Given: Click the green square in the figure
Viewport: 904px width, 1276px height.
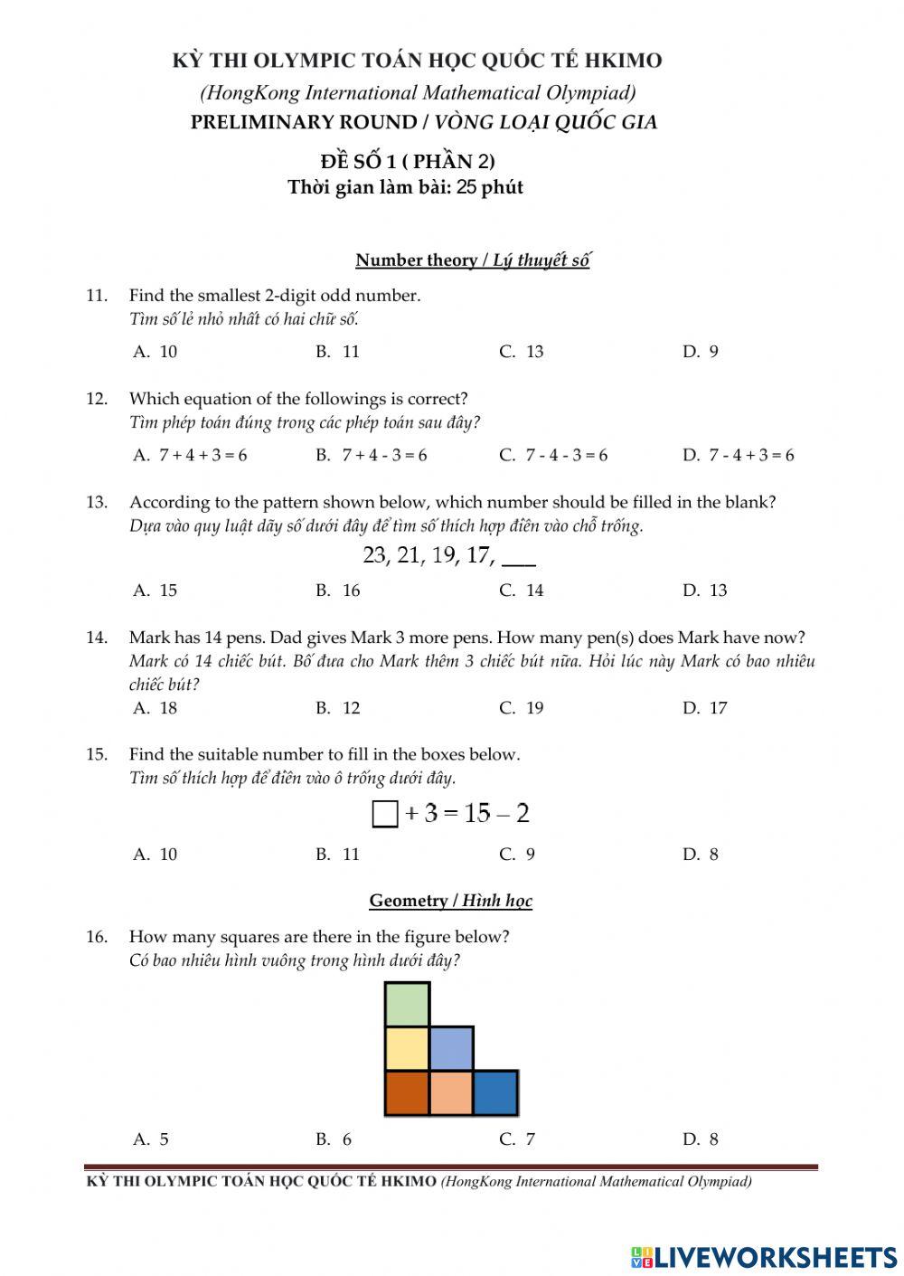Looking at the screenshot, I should pos(407,1005).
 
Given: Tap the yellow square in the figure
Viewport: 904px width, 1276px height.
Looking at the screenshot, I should pos(407,1049).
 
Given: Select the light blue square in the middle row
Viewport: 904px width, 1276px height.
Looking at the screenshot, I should pos(451,1049).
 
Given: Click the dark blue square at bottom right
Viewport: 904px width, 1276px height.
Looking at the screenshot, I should pos(495,1093).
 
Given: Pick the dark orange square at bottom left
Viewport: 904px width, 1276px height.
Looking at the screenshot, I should pos(407,1093).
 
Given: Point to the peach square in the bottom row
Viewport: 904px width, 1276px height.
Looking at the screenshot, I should pos(451,1093).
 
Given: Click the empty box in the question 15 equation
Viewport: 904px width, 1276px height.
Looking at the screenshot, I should pos(385,815).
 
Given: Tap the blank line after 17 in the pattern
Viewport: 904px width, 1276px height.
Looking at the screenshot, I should pos(518,559).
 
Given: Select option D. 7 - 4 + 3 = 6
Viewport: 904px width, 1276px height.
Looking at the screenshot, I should pos(739,455).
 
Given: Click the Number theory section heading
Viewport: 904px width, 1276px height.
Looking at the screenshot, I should pos(472,260).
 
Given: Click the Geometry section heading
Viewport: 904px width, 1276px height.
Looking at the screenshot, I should pos(450,901).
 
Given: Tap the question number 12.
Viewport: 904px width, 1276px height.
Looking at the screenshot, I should pos(97,399).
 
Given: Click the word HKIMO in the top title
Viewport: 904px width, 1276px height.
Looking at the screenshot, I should pos(624,61).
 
